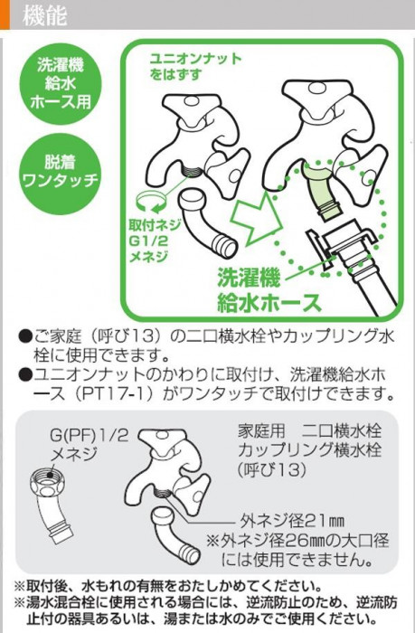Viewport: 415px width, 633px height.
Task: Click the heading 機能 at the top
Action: [x=44, y=15]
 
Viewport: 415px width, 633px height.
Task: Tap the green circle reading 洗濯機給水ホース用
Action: [x=61, y=84]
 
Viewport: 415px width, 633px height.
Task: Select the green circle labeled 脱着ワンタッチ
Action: [x=61, y=173]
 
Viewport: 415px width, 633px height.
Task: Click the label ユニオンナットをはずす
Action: [x=195, y=66]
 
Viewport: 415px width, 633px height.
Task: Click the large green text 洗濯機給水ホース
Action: [x=269, y=289]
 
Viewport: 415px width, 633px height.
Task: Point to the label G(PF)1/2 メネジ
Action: [x=89, y=443]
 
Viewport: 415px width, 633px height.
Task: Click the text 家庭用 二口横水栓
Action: [x=309, y=431]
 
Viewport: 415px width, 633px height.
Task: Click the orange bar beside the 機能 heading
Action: [x=5, y=14]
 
